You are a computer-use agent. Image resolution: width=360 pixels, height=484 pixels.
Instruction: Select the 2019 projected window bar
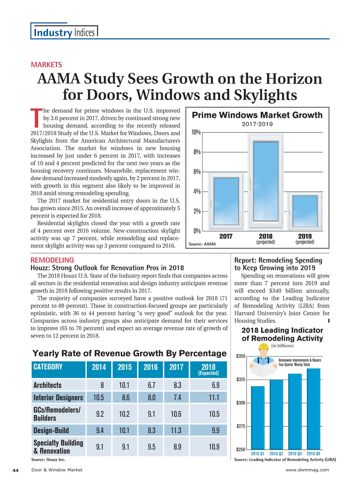coord(305,212)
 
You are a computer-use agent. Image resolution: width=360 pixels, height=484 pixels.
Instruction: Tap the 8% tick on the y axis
coord(197,152)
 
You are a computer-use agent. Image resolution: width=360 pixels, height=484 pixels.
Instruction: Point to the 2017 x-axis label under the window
coord(226,236)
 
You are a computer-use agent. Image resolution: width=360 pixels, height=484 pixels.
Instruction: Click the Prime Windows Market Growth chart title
coord(257,115)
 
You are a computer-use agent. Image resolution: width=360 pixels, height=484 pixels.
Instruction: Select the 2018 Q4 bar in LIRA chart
coord(313,409)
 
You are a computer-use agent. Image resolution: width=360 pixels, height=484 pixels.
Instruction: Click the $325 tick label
coord(241,380)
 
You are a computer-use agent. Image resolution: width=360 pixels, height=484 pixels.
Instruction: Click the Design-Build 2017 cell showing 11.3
coord(176,430)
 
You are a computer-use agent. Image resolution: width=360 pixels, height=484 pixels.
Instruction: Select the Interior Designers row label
coord(58,398)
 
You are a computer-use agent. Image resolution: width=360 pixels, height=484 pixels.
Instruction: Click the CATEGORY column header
coord(48,367)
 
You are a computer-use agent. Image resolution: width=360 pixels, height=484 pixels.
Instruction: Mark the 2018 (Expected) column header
coord(208,369)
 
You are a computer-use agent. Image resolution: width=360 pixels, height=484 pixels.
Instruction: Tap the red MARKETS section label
coord(46,65)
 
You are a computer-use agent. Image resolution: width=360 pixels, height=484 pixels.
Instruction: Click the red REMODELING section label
coord(52,260)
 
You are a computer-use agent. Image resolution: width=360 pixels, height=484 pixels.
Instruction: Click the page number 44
coord(16,470)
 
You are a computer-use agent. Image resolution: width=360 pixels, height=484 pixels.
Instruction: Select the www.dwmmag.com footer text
coord(307,470)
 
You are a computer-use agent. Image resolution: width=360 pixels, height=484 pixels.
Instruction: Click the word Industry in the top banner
coord(53,32)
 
